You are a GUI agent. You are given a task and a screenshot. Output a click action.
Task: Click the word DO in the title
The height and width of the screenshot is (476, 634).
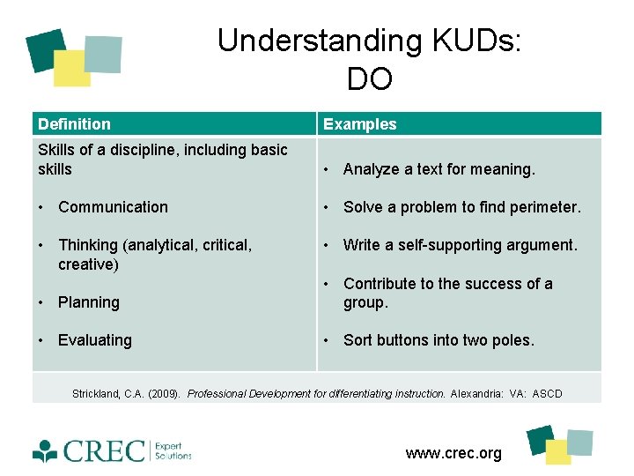[369, 79]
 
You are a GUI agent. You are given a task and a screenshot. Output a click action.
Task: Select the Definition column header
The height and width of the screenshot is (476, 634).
[74, 124]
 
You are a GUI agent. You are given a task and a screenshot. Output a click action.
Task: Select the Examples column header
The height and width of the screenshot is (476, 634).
[359, 124]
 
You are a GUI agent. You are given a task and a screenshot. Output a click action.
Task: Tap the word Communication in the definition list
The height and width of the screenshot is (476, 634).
[113, 207]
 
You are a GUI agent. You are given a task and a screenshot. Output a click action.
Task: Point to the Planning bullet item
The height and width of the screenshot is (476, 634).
[88, 302]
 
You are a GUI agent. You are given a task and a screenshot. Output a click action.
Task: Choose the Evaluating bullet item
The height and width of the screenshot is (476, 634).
[94, 340]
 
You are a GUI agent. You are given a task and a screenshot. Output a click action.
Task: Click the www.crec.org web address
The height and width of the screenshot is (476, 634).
[453, 453]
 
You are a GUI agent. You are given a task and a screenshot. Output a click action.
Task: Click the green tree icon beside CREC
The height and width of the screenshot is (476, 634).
[45, 450]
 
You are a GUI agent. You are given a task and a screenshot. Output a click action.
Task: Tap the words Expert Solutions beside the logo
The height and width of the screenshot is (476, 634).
[173, 450]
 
